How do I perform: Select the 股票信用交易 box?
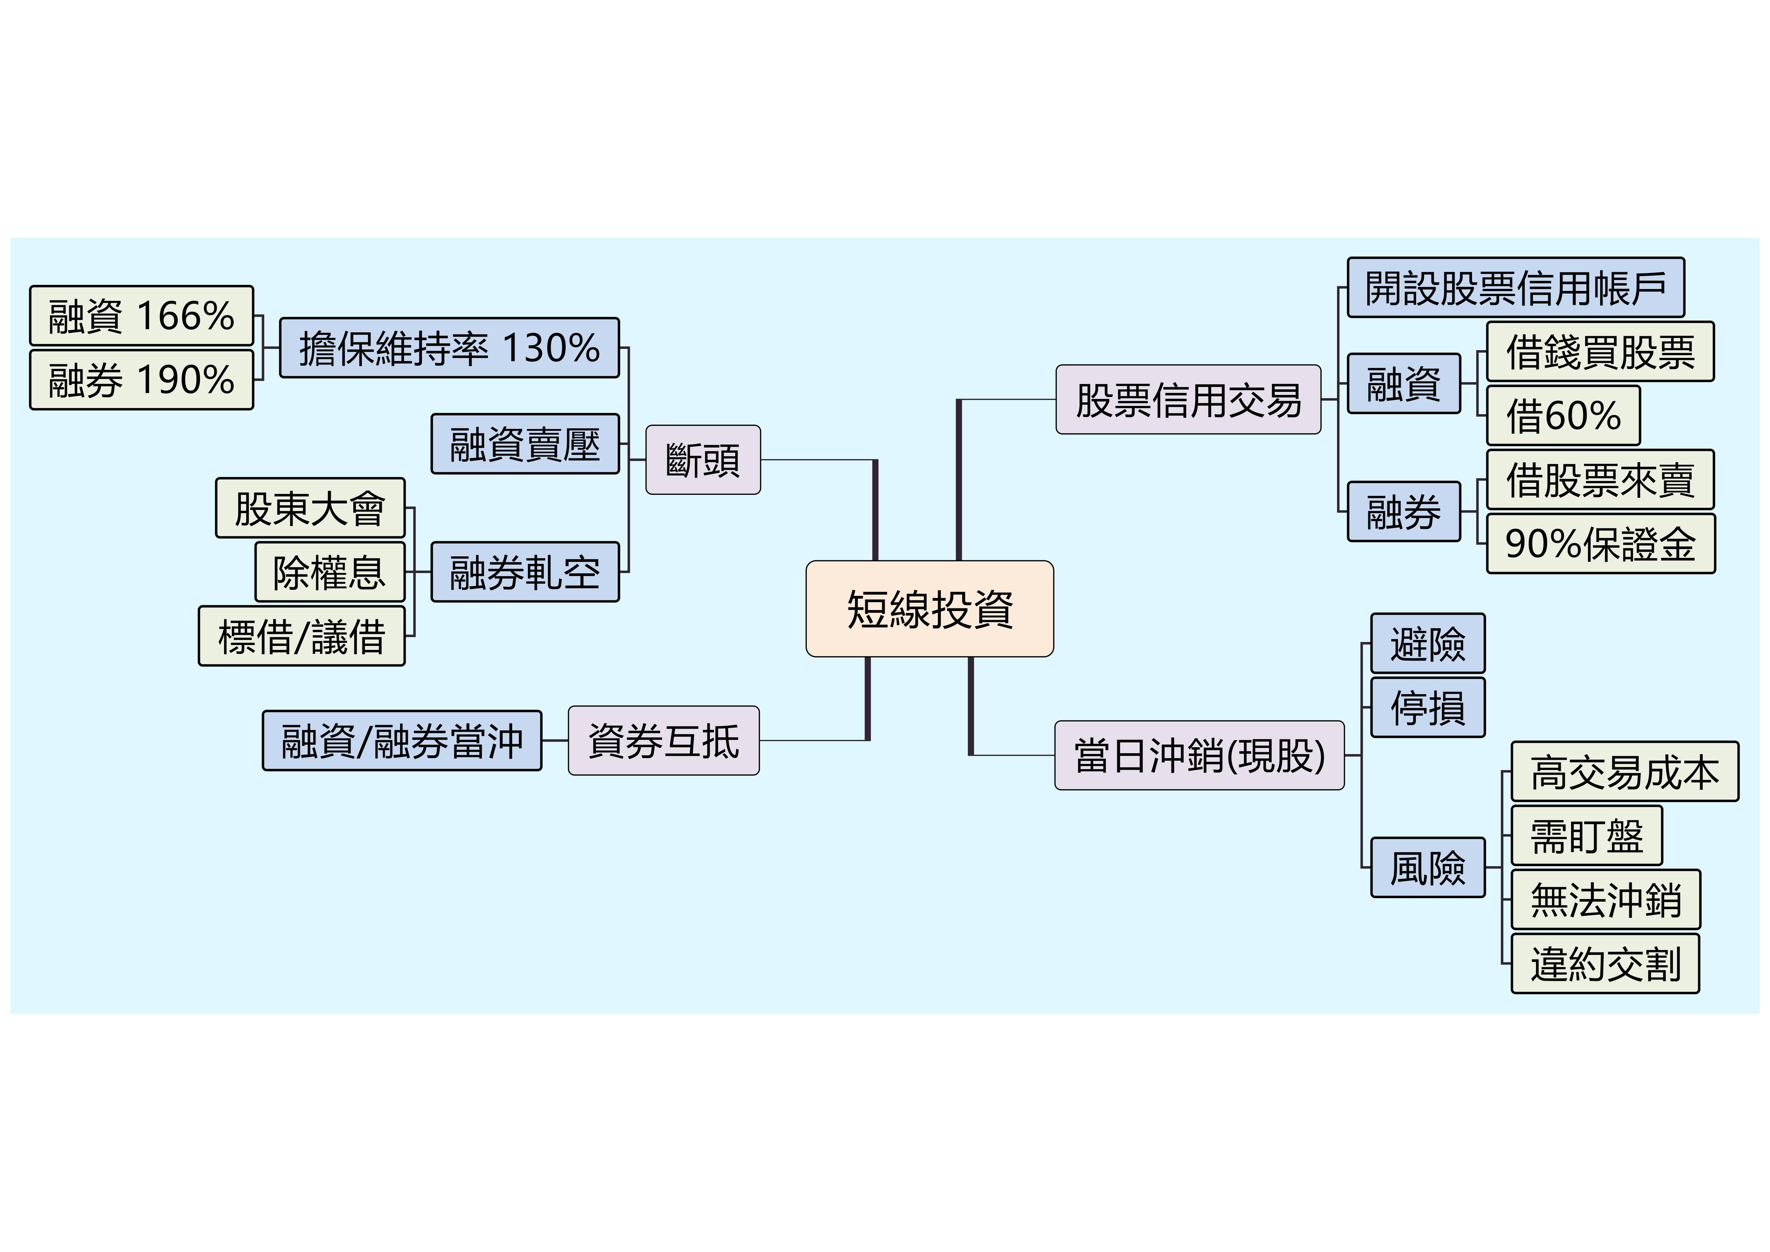[x=1188, y=399]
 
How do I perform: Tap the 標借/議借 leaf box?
[x=301, y=636]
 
